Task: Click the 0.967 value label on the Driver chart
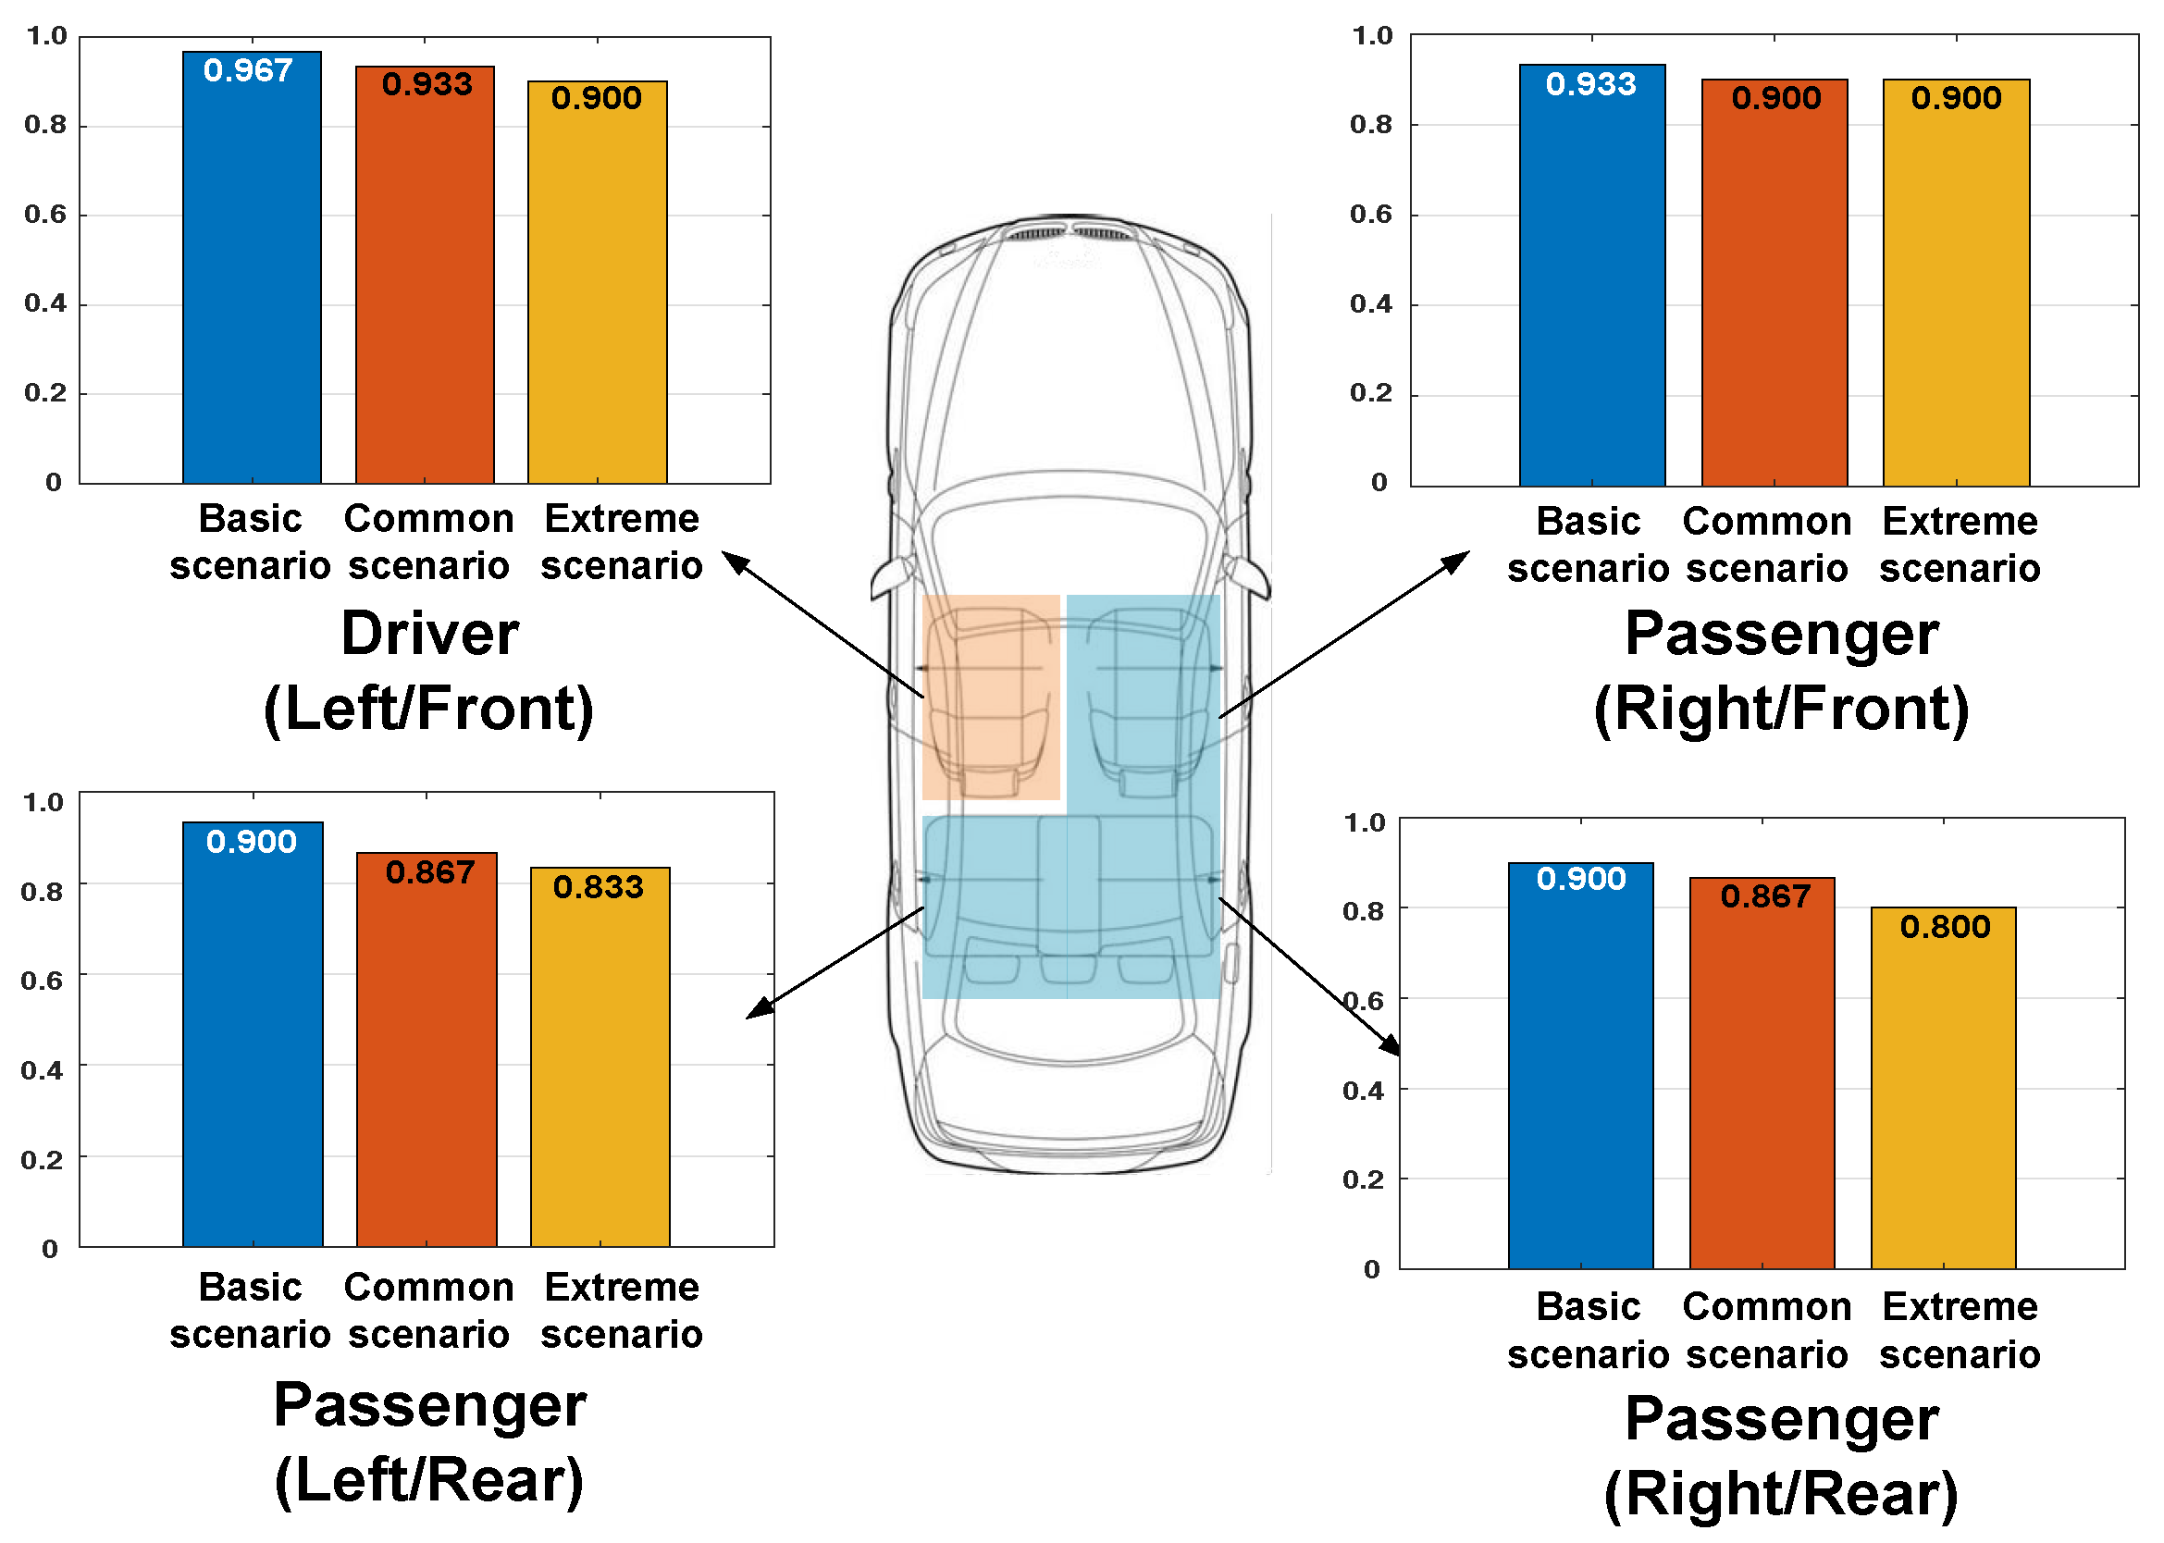coord(248,70)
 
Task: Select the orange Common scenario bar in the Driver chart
coord(425,285)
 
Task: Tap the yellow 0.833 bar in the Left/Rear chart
coord(600,1064)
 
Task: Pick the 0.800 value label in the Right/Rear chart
coord(1944,926)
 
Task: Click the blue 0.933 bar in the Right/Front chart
coord(1591,285)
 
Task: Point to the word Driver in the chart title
coord(429,634)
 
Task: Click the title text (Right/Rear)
coord(1780,1494)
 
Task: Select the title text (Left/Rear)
coord(429,1480)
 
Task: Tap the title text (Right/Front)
coord(1780,709)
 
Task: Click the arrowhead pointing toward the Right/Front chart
coord(1457,560)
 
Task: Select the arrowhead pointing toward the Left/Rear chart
coord(757,1009)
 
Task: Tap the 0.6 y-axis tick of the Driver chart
coord(45,215)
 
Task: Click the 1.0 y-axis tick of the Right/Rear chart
coord(1364,822)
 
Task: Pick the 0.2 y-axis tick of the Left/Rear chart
coord(42,1160)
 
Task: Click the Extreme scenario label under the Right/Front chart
coord(1959,546)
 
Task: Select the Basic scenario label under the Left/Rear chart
coord(250,1311)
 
